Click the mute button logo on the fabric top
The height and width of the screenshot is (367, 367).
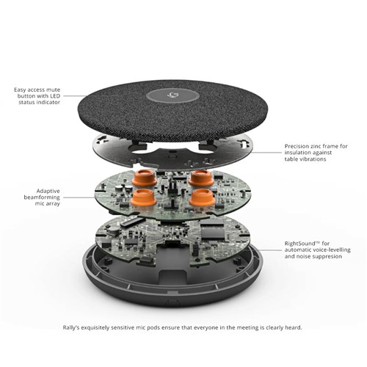coord(173,95)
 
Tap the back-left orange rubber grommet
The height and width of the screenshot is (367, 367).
coord(144,178)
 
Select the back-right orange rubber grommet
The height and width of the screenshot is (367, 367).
coord(201,178)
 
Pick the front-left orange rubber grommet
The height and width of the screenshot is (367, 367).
coord(144,197)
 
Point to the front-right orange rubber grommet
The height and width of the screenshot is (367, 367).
coord(203,197)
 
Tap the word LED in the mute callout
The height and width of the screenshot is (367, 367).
coord(55,96)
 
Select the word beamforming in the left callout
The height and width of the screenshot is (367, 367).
coord(42,197)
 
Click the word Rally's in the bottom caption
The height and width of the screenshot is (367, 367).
coord(71,327)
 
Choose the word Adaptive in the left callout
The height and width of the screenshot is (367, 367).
coord(48,191)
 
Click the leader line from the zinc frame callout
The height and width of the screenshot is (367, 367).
coord(266,153)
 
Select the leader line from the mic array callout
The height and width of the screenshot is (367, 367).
coord(79,197)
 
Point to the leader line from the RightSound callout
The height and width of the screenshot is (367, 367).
coord(269,250)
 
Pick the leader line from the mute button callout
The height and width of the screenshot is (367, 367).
coord(75,96)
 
